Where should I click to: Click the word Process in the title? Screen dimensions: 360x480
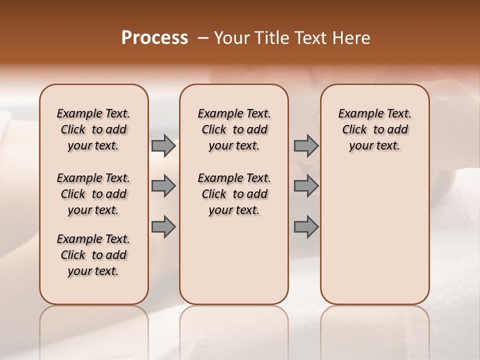point(154,38)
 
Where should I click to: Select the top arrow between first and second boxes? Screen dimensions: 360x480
point(163,145)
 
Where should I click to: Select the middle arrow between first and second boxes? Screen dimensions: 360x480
point(163,186)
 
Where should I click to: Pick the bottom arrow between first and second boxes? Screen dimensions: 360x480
point(163,226)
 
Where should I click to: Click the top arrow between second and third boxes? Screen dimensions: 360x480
point(306,145)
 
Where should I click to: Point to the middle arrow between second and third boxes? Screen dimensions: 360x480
point(306,186)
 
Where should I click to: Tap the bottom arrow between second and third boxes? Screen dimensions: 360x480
point(306,226)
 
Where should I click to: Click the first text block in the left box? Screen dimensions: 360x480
point(93,129)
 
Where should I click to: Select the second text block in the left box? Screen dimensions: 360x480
point(93,194)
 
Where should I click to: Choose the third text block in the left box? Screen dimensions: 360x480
point(93,255)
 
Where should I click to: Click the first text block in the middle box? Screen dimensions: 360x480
point(234,129)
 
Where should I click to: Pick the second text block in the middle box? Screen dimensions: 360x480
point(234,194)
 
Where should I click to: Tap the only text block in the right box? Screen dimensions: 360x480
point(374,129)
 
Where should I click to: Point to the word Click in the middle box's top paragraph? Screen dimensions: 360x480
point(214,130)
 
